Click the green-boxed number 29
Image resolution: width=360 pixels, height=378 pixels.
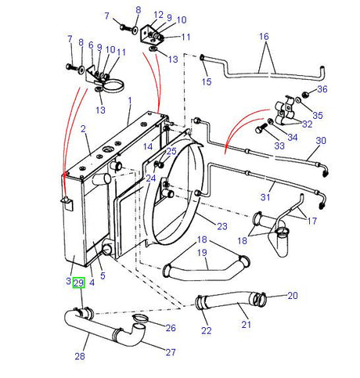pos(78,282)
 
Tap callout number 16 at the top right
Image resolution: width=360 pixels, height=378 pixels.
pos(263,36)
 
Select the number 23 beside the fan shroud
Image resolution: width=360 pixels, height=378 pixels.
pos(221,226)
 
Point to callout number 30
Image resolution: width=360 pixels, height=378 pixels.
pos(320,141)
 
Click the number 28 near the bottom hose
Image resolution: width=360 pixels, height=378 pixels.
pos(78,357)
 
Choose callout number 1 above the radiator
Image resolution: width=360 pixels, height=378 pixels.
pos(130,101)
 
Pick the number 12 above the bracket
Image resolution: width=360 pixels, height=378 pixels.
pos(159,14)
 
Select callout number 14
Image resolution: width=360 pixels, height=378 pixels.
pos(147,146)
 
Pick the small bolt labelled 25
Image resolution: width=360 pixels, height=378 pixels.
pos(160,164)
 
